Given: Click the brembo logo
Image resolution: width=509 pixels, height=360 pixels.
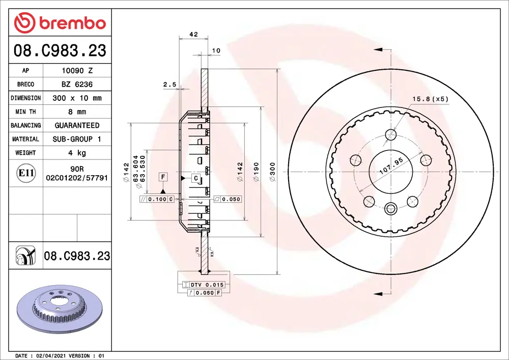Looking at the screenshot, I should tap(60, 23).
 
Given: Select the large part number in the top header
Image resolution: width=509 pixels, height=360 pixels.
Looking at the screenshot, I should tap(60, 51).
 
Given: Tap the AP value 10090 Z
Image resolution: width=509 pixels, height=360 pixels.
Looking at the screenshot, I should tap(76, 71).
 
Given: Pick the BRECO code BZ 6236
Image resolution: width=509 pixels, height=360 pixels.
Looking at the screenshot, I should tap(76, 85).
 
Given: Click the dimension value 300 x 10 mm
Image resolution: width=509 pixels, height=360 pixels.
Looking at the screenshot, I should tap(77, 98).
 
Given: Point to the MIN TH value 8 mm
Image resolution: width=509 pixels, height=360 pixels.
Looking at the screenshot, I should tap(76, 112).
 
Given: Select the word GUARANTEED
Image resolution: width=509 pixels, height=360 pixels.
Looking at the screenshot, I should tap(77, 125).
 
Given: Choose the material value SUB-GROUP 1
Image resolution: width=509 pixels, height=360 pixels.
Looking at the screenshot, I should tap(77, 139).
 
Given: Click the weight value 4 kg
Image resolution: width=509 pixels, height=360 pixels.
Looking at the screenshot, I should tap(76, 153).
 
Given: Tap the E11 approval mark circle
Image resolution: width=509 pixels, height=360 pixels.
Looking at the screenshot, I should tap(26, 173).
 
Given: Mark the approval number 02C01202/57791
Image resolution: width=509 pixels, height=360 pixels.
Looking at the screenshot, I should tap(77, 178).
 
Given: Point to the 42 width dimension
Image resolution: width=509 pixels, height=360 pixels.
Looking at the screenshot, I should tap(193, 35).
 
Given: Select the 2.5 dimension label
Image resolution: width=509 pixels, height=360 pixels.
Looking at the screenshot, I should tap(169, 85).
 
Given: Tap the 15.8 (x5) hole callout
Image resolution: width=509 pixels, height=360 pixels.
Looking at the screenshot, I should tap(430, 99).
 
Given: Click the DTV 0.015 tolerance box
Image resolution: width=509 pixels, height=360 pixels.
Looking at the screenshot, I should tap(207, 285).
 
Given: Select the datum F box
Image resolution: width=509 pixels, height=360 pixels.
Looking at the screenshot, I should tap(163, 177).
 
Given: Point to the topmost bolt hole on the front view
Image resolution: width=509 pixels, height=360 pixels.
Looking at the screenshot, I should tap(391, 135).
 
